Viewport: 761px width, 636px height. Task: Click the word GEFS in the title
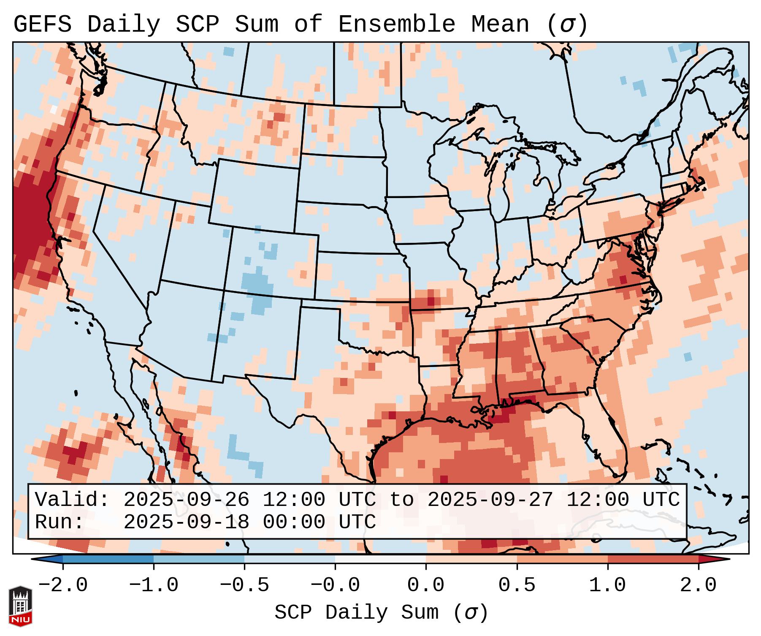coord(42,24)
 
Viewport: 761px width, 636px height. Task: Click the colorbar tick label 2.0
coord(698,585)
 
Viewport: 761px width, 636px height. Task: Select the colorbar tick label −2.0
coord(63,585)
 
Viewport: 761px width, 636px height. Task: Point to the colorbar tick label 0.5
coord(517,585)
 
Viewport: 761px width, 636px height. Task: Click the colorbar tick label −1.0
coord(154,585)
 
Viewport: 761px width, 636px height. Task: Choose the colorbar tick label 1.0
coord(607,585)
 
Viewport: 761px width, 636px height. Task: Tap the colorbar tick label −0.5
coord(244,585)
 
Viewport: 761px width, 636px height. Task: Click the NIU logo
coord(20,606)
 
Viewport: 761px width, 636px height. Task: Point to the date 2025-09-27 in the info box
coord(490,500)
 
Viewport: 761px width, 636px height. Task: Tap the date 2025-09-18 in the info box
coord(186,522)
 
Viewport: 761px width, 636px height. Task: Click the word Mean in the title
coord(500,24)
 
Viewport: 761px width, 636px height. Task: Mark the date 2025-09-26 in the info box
coord(186,500)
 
